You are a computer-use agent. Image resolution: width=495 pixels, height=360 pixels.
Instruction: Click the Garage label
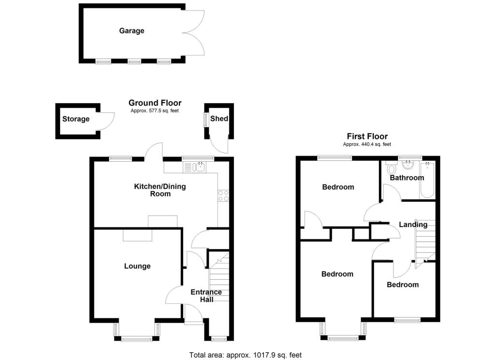coord(131,31)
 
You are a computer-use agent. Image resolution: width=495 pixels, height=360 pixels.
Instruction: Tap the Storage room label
coord(76,119)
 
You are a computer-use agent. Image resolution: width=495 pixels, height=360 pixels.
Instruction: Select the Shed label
coord(219,119)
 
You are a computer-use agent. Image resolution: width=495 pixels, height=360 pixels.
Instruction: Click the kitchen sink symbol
coord(194,167)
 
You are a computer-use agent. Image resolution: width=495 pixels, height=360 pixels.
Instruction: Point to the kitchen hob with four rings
coord(224,195)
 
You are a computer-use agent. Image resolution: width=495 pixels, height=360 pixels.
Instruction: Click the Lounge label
coord(137,266)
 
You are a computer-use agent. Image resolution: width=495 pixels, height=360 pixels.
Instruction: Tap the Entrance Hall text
coord(206,296)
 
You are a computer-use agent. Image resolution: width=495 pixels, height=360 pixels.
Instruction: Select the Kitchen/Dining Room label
coord(160,190)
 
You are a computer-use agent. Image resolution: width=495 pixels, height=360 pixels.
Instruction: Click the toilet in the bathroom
coord(391,168)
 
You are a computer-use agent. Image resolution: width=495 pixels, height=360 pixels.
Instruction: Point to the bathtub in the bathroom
coord(427,181)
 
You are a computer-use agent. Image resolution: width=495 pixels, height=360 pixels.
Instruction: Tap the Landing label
coord(413,225)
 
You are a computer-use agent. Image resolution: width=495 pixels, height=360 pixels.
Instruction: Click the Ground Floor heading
coord(155,103)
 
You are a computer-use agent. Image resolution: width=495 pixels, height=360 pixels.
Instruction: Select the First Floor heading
coord(367,136)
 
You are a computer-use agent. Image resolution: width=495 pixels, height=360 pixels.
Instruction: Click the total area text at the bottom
coord(245,355)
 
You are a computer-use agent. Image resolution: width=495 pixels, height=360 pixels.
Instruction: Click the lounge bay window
coord(137,337)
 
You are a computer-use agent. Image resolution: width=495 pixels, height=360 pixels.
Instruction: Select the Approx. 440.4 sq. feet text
coord(367,144)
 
